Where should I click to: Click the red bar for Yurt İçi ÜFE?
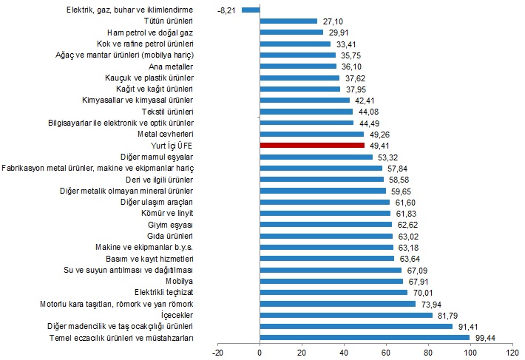312,146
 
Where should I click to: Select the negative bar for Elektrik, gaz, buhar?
251,10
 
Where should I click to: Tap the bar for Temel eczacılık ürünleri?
365,338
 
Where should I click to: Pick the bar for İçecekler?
346,315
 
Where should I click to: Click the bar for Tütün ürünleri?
288,21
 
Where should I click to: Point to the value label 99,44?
486,338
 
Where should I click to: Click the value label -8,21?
226,10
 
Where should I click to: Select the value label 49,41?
380,146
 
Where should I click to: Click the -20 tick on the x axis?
218,353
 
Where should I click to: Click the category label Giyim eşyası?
171,224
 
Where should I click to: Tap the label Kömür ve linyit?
167,213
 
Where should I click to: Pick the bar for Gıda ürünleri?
326,236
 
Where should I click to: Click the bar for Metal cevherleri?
311,134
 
